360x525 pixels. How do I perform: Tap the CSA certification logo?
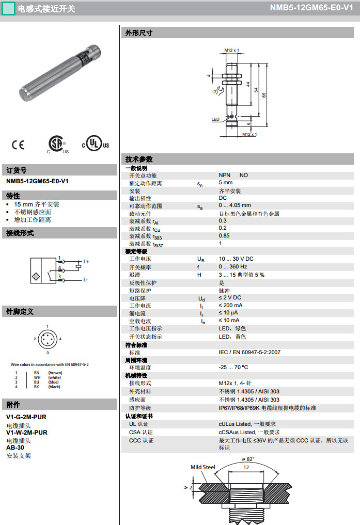coord(57,144)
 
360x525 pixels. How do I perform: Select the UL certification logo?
coord(96,145)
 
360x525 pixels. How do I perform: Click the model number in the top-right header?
coord(311,8)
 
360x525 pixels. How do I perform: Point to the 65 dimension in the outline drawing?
coord(263,94)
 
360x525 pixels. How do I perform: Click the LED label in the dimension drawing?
coord(215,119)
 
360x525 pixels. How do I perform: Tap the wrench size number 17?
coord(214,91)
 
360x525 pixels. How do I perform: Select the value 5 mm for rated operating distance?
coord(226,183)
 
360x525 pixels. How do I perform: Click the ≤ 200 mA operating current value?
coord(231,306)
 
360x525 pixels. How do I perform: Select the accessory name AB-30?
coord(15,448)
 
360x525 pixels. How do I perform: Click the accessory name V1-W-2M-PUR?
coord(27,433)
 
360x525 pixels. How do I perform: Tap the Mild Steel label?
coord(202,467)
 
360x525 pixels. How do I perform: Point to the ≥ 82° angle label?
coord(248,459)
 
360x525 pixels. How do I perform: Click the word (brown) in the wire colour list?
coord(55,372)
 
